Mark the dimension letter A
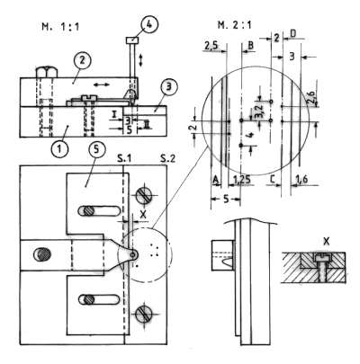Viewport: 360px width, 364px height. coord(214,181)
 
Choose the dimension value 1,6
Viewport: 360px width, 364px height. coord(302,181)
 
